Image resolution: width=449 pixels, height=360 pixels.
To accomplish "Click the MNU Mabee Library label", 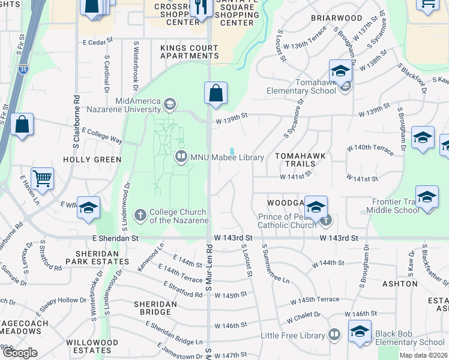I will (227, 157).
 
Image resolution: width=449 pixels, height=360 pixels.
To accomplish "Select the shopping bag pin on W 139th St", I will (215, 94).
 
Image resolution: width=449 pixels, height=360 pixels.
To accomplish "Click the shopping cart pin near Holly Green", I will (42, 178).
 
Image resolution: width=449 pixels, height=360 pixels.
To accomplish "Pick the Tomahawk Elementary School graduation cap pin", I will (340, 71).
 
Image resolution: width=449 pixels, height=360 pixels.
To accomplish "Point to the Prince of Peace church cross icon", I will (326, 220).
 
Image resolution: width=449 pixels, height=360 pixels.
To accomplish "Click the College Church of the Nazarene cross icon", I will (140, 214).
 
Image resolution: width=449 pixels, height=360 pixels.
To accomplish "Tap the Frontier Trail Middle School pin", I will (427, 198).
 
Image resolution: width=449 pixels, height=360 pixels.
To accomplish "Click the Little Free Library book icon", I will (334, 335).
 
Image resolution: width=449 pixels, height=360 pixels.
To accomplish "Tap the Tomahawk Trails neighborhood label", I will (300, 155).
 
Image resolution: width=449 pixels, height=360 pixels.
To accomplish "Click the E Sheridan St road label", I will (115, 238).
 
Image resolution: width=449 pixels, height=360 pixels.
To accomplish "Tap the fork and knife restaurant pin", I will (199, 8).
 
